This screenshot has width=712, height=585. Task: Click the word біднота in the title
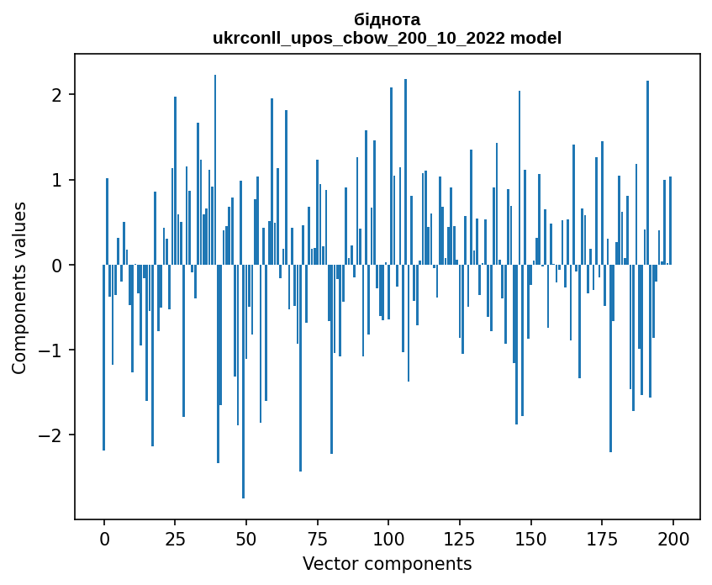pos(387,19)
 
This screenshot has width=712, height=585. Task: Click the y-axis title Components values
pos(19,287)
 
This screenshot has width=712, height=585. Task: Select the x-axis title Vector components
pos(387,563)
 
